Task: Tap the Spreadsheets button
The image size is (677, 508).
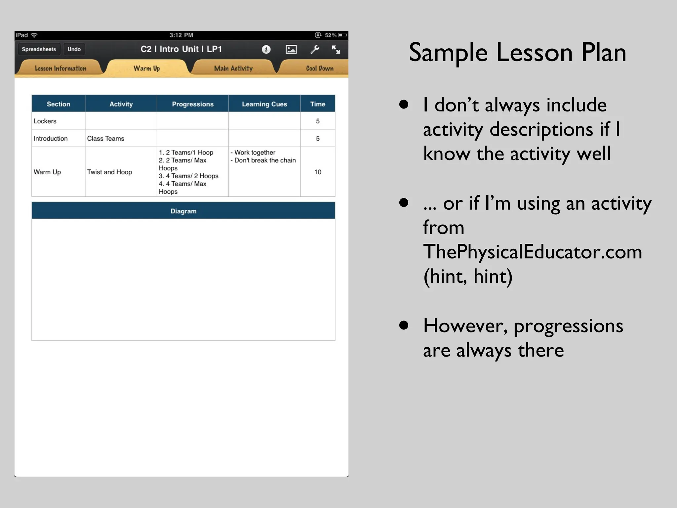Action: (x=39, y=49)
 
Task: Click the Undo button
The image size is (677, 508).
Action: (x=74, y=49)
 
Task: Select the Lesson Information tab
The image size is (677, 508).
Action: (x=60, y=68)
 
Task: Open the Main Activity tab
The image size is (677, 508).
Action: (x=233, y=68)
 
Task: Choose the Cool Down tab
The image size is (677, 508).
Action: (x=319, y=68)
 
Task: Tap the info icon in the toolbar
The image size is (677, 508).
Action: (x=266, y=50)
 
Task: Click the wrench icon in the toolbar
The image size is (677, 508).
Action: (x=315, y=50)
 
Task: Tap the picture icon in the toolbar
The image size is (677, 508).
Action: (x=291, y=50)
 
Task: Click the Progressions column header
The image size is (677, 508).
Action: (x=193, y=104)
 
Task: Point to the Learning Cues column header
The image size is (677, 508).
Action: (x=264, y=104)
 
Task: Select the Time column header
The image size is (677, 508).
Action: (x=318, y=104)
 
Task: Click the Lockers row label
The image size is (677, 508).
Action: (x=45, y=121)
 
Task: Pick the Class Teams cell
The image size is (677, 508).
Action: (x=106, y=139)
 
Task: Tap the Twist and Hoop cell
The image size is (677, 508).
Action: (x=109, y=172)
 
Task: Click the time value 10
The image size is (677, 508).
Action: (x=318, y=172)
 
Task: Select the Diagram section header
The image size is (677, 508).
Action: (x=183, y=211)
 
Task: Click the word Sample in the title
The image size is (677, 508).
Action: (x=448, y=53)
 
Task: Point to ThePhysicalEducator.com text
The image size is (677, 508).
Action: (x=533, y=252)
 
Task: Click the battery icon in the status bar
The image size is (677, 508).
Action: (x=342, y=35)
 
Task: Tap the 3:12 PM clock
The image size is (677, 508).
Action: (x=181, y=35)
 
